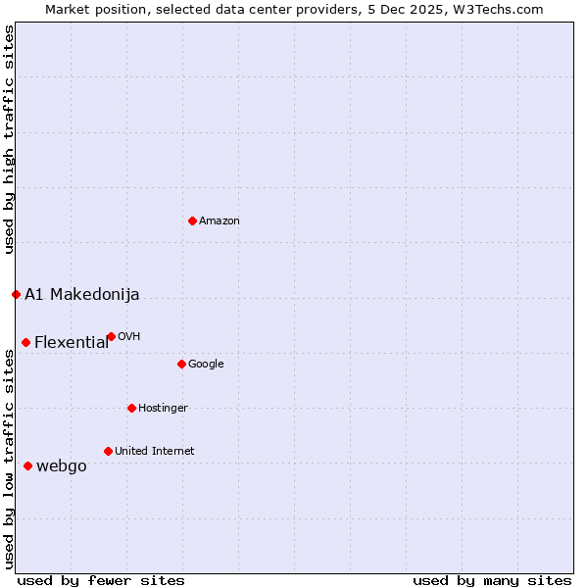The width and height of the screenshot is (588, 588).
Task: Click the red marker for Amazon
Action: coord(192,220)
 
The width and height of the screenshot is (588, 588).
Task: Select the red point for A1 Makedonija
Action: coord(16,294)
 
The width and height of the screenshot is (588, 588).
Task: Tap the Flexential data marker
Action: coord(25,342)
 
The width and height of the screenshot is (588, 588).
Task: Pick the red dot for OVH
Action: coord(111,336)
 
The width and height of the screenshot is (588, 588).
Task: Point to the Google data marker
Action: coord(181,364)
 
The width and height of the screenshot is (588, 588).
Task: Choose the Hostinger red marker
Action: coord(131,408)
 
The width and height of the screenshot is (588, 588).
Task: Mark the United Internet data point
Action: coord(108,451)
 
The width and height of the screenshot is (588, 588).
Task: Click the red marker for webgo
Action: coord(27,465)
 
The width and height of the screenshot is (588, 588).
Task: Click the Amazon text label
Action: coord(220,221)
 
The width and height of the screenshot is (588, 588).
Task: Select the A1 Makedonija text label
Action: coord(82,295)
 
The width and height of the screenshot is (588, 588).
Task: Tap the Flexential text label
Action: coord(72,343)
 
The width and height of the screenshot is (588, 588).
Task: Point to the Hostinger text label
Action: coord(163,409)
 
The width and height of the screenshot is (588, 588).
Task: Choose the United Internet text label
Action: coord(155,452)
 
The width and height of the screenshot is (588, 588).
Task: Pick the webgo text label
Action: coord(62,466)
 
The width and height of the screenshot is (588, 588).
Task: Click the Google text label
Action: coord(206,365)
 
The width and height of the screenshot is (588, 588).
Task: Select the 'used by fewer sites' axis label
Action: coord(101,580)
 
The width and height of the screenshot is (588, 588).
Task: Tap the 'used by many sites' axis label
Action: coord(492,580)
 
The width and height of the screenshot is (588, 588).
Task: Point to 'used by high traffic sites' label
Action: coord(9,140)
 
